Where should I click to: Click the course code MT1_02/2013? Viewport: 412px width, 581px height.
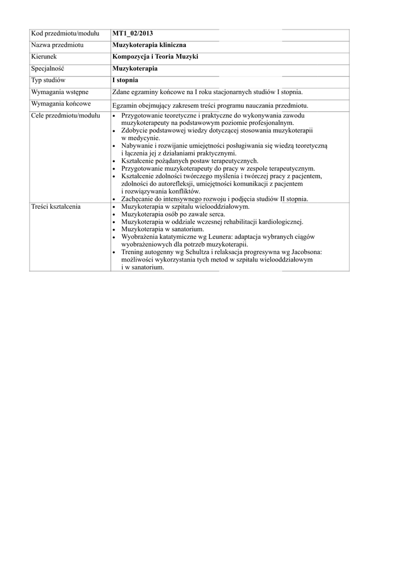pyautogui.click(x=132, y=34)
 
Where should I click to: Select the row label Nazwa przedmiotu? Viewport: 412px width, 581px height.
pyautogui.click(x=57, y=45)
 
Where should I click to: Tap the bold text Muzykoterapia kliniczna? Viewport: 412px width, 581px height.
pyautogui.click(x=149, y=45)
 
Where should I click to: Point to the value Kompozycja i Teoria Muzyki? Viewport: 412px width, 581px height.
pyautogui.click(x=155, y=57)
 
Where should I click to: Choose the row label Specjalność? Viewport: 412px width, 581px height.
pyautogui.click(x=48, y=69)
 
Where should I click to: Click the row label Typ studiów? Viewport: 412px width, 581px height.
pyautogui.click(x=48, y=81)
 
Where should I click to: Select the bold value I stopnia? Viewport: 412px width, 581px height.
pyautogui.click(x=126, y=81)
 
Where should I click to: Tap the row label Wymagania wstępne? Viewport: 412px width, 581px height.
pyautogui.click(x=60, y=92)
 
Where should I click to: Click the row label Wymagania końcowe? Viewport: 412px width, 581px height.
pyautogui.click(x=61, y=104)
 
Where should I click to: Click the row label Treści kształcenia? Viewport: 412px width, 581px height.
pyautogui.click(x=56, y=207)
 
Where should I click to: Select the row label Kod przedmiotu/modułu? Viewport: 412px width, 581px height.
pyautogui.click(x=65, y=34)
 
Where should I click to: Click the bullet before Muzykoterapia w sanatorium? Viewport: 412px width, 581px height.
pyautogui.click(x=115, y=229)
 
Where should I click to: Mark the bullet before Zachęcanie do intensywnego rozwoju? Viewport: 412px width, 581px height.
pyautogui.click(x=115, y=199)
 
